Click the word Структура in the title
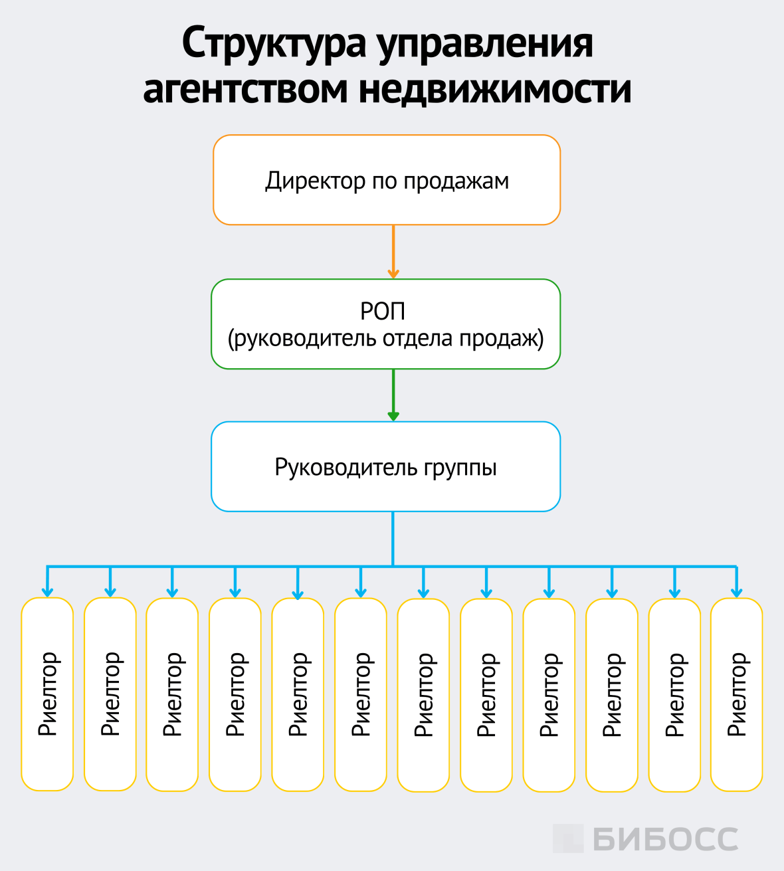pos(274,44)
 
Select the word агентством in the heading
pos(245,89)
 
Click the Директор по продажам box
pos(387,180)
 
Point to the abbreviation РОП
pos(383,311)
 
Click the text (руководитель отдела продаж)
pos(386,339)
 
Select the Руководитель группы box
pos(386,467)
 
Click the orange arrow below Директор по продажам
pos(393,252)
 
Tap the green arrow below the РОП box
pos(393,396)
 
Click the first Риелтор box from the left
pos(47,694)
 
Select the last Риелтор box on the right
pos(736,694)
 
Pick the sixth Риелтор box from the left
pos(361,694)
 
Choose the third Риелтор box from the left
pos(172,694)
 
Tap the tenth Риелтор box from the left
pos(612,694)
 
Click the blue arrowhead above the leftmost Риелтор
pos(47,591)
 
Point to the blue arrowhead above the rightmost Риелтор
pos(736,591)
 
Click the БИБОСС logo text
pos(665,839)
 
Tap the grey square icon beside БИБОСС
pos(567,838)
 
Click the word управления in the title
pos(484,44)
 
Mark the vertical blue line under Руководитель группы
pos(393,538)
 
